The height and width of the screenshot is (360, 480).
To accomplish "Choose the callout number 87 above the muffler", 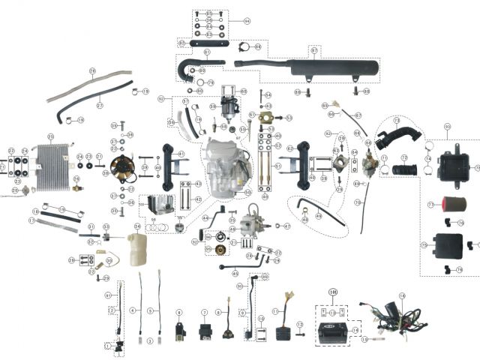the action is [x=314, y=50].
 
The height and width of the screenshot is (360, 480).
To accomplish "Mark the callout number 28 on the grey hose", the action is [x=92, y=72].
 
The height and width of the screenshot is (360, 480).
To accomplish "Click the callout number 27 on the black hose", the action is [x=99, y=106].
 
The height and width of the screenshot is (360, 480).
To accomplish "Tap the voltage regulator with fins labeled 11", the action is [x=283, y=328].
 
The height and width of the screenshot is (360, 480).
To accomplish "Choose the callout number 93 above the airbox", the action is [x=447, y=126].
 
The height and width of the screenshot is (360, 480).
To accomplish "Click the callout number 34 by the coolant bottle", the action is [x=137, y=226].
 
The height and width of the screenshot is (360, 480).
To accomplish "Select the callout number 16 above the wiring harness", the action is [x=402, y=297].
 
